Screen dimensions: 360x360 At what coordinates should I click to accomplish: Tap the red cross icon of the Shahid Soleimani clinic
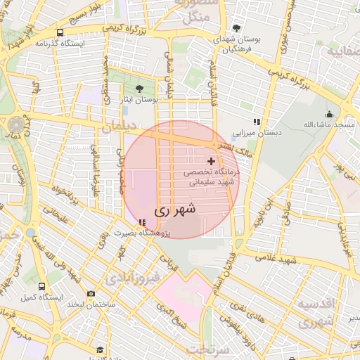211,161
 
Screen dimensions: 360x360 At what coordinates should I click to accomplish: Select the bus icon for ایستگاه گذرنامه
60,32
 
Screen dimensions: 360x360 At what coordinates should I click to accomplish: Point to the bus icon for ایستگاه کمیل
41,287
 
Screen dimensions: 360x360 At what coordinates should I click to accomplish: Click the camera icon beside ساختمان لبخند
91,294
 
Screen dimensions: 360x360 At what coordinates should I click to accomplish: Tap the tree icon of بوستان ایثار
138,89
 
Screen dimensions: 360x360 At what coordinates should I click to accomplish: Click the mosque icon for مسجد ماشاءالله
328,115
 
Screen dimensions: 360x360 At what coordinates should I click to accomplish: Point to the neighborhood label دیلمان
117,129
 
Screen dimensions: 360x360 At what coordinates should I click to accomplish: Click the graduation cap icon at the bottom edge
100,349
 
